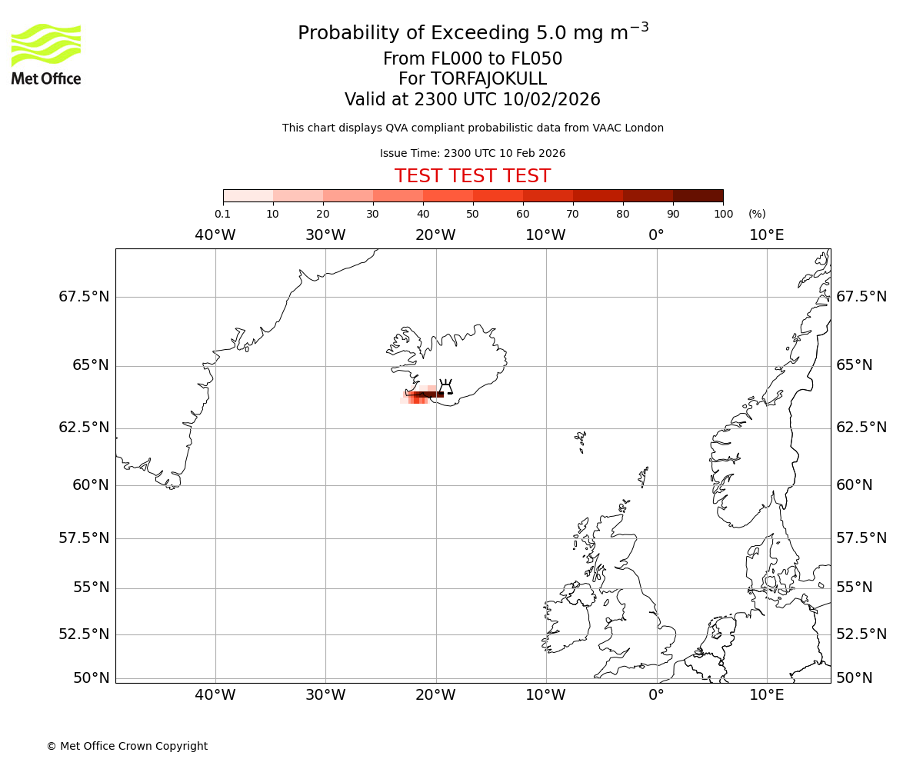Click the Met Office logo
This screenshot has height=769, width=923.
tap(46, 54)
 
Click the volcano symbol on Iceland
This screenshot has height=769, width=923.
tap(445, 386)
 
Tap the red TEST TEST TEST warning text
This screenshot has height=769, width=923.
tap(472, 176)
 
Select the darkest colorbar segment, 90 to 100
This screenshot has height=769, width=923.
tap(698, 195)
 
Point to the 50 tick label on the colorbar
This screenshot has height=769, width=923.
tap(472, 214)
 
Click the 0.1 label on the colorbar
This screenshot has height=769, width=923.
tap(222, 214)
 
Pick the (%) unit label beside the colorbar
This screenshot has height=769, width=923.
tap(757, 214)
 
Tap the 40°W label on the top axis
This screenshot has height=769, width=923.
tap(215, 235)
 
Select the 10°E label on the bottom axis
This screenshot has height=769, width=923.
tap(766, 695)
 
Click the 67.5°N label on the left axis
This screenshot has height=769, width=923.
tap(84, 297)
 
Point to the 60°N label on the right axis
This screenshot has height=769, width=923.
tap(855, 485)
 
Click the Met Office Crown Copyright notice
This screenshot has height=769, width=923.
tap(127, 746)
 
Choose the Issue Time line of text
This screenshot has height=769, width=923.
tap(472, 153)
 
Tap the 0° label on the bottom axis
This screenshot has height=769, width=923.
tap(656, 695)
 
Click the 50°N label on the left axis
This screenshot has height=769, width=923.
tap(91, 678)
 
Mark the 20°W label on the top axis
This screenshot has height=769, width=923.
tap(435, 235)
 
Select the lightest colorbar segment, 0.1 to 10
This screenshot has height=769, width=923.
tap(248, 195)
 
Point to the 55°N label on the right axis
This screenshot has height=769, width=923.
tap(855, 588)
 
